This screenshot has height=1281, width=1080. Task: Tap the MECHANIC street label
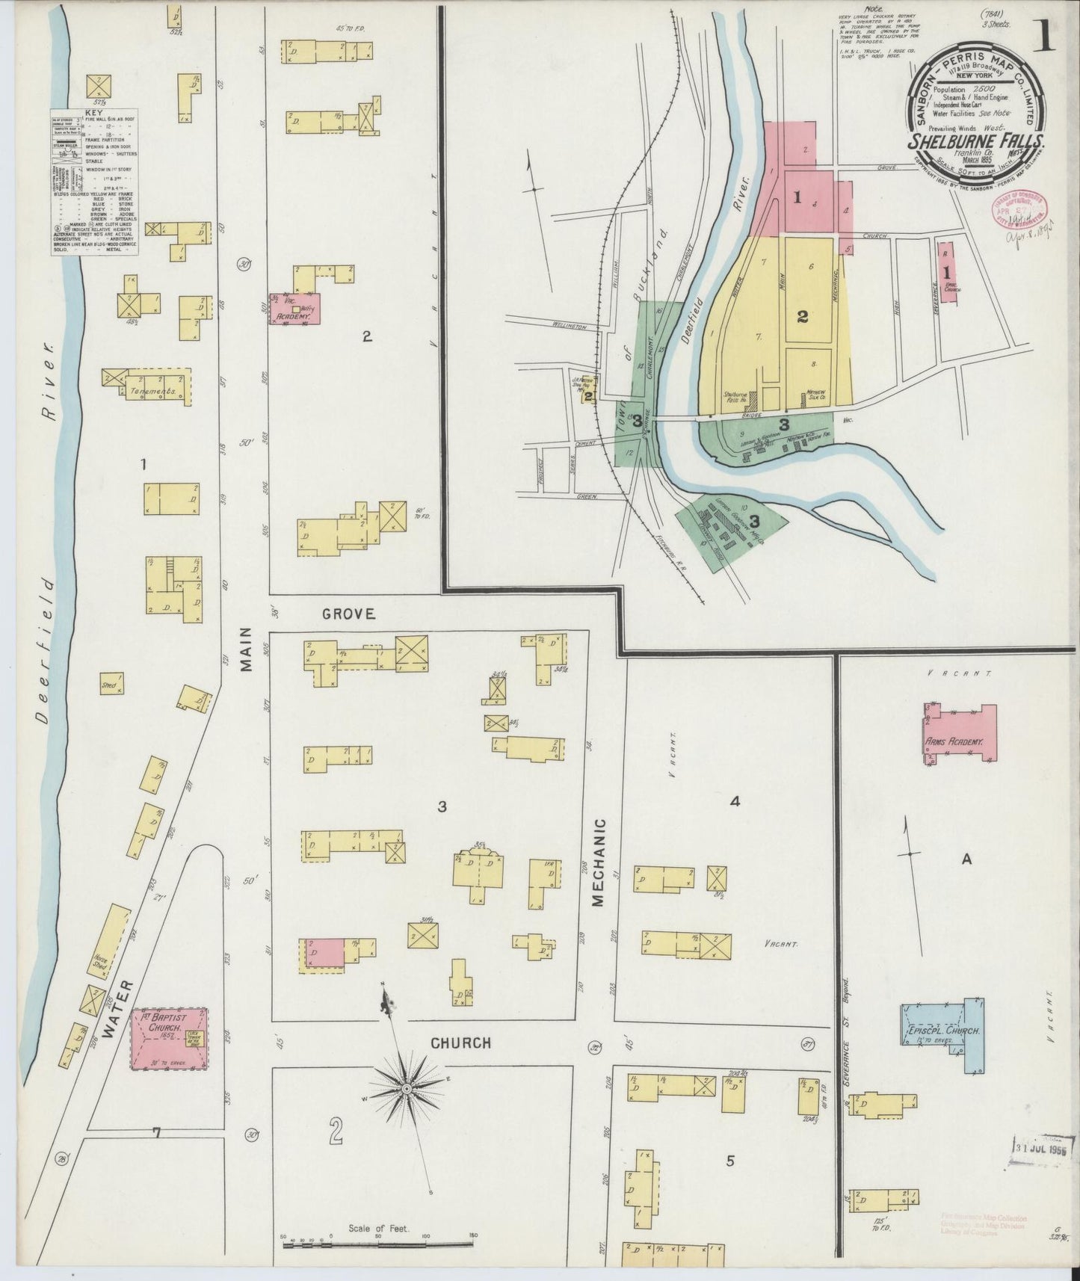[x=598, y=863]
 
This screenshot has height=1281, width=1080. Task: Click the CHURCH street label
[x=460, y=1043]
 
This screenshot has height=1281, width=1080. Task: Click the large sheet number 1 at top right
[x=1044, y=36]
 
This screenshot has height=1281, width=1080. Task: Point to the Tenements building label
[x=152, y=392]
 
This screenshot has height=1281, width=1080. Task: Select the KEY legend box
[x=95, y=182]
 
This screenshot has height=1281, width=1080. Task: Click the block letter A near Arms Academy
[x=966, y=859]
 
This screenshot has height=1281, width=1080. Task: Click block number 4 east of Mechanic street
[x=735, y=802]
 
